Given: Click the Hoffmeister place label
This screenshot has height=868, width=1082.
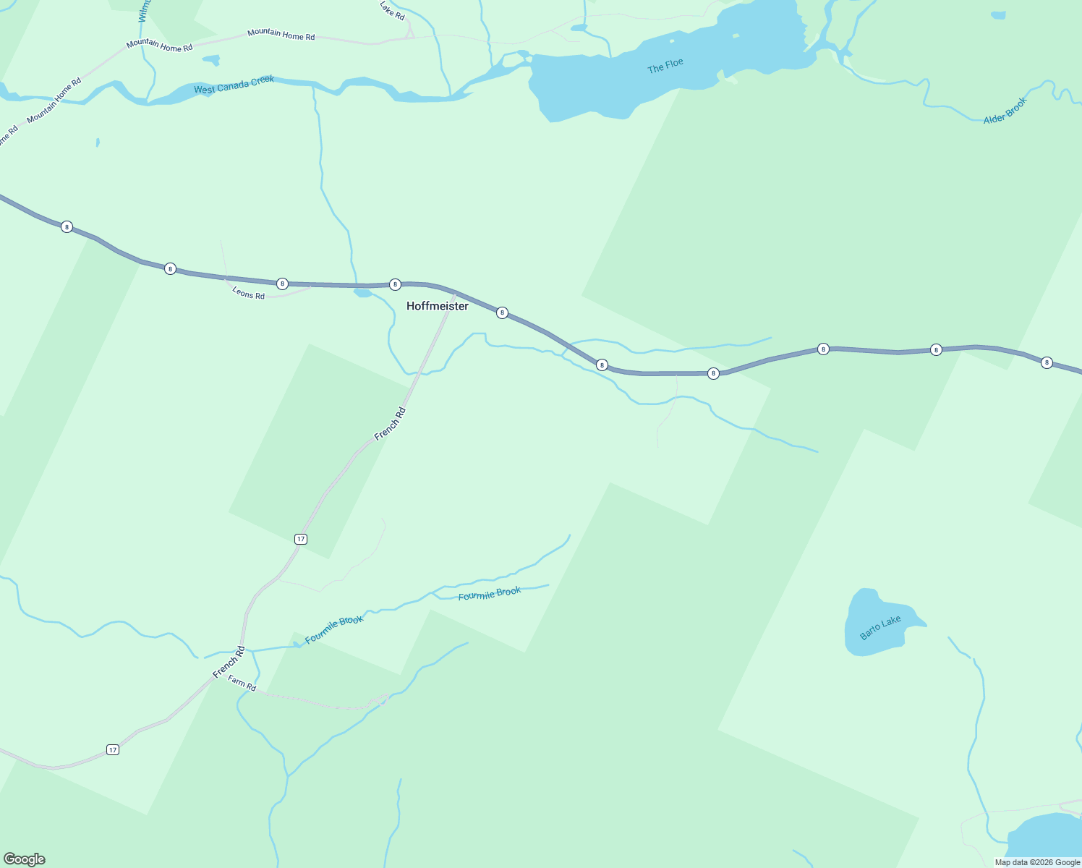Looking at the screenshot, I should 437,306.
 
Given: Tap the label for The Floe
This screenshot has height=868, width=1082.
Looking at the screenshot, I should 665,66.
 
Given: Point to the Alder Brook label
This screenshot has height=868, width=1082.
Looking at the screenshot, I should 1005,111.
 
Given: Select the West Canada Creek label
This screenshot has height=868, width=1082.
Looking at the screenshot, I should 234,85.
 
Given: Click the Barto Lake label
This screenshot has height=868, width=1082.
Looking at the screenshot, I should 880,627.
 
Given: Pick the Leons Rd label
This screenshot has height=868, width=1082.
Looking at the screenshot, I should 248,294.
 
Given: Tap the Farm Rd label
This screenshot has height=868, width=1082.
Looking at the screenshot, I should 242,683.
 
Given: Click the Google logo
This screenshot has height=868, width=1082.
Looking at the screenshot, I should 25,859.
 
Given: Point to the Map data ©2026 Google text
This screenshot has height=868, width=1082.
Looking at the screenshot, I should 1037,862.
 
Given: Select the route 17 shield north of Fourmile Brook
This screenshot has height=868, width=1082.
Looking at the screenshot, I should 301,539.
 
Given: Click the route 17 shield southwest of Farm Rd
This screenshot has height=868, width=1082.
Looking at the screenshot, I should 112,749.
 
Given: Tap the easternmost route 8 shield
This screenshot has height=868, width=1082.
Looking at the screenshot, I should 1046,362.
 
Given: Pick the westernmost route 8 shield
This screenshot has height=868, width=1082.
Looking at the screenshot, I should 67,226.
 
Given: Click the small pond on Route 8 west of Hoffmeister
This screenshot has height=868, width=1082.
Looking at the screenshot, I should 363,293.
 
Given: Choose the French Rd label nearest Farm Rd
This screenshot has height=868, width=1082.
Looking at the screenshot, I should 229,662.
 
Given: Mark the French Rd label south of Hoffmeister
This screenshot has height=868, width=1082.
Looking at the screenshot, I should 390,425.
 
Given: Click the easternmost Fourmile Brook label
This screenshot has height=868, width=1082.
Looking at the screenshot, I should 490,594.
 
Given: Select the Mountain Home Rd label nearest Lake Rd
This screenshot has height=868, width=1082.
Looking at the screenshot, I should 281,34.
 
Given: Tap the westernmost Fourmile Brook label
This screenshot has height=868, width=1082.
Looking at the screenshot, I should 333,629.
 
